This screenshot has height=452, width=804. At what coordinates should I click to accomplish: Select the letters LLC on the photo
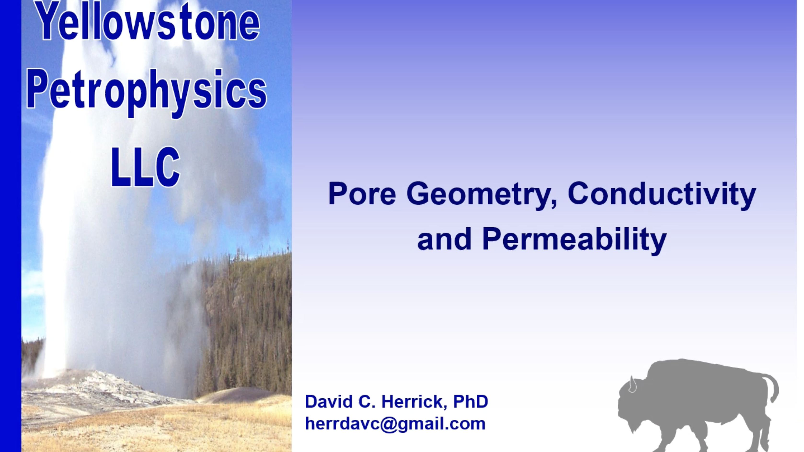click(x=145, y=167)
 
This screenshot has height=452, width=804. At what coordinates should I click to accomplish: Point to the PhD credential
click(x=471, y=401)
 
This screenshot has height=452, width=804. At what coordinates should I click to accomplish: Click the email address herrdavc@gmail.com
click(x=395, y=423)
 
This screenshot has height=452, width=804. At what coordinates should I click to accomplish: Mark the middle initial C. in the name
click(x=367, y=401)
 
